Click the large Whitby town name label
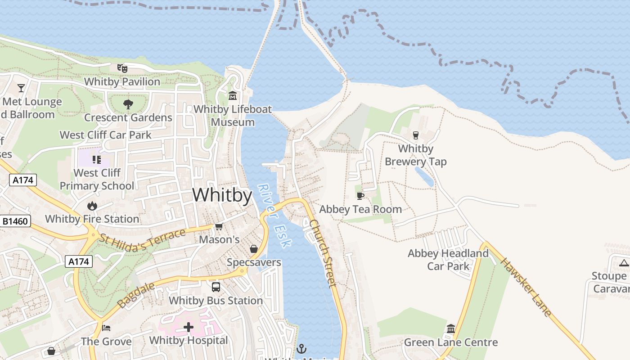[x=222, y=195]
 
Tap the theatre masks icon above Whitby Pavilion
[x=122, y=68]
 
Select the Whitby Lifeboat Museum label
[x=233, y=116]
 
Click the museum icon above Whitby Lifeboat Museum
[x=233, y=96]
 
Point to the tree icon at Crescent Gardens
[x=128, y=104]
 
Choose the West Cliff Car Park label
[x=105, y=135]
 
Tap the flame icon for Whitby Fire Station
[x=92, y=206]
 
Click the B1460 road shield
[x=15, y=221]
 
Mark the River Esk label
[x=275, y=216]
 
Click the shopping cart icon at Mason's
[x=219, y=226]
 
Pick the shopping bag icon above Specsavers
[x=254, y=249]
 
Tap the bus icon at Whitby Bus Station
[x=216, y=287]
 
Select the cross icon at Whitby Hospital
[x=189, y=327]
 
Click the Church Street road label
[x=323, y=253]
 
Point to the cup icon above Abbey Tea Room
[x=360, y=196]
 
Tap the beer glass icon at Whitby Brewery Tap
[x=415, y=135]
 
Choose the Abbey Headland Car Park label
[x=448, y=260]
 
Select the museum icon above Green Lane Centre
[x=451, y=329]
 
